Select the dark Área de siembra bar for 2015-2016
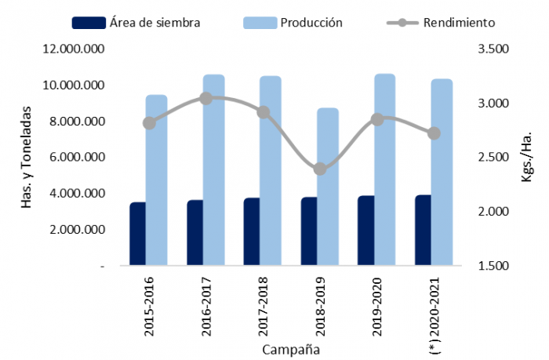point(138,235)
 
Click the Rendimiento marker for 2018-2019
point(320,169)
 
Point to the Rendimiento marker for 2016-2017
point(205,98)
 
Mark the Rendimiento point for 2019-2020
point(377,119)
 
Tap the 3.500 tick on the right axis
point(493,49)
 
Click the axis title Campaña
point(291,348)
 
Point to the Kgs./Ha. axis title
point(526,158)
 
